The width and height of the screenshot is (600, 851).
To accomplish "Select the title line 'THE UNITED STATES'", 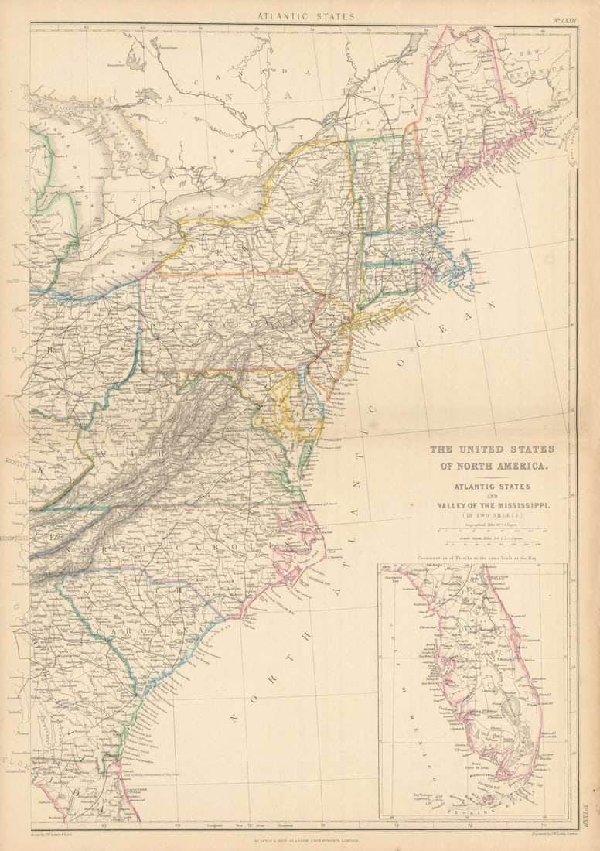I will pos(492,449).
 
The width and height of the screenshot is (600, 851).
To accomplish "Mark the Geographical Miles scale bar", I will pos(493,531).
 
